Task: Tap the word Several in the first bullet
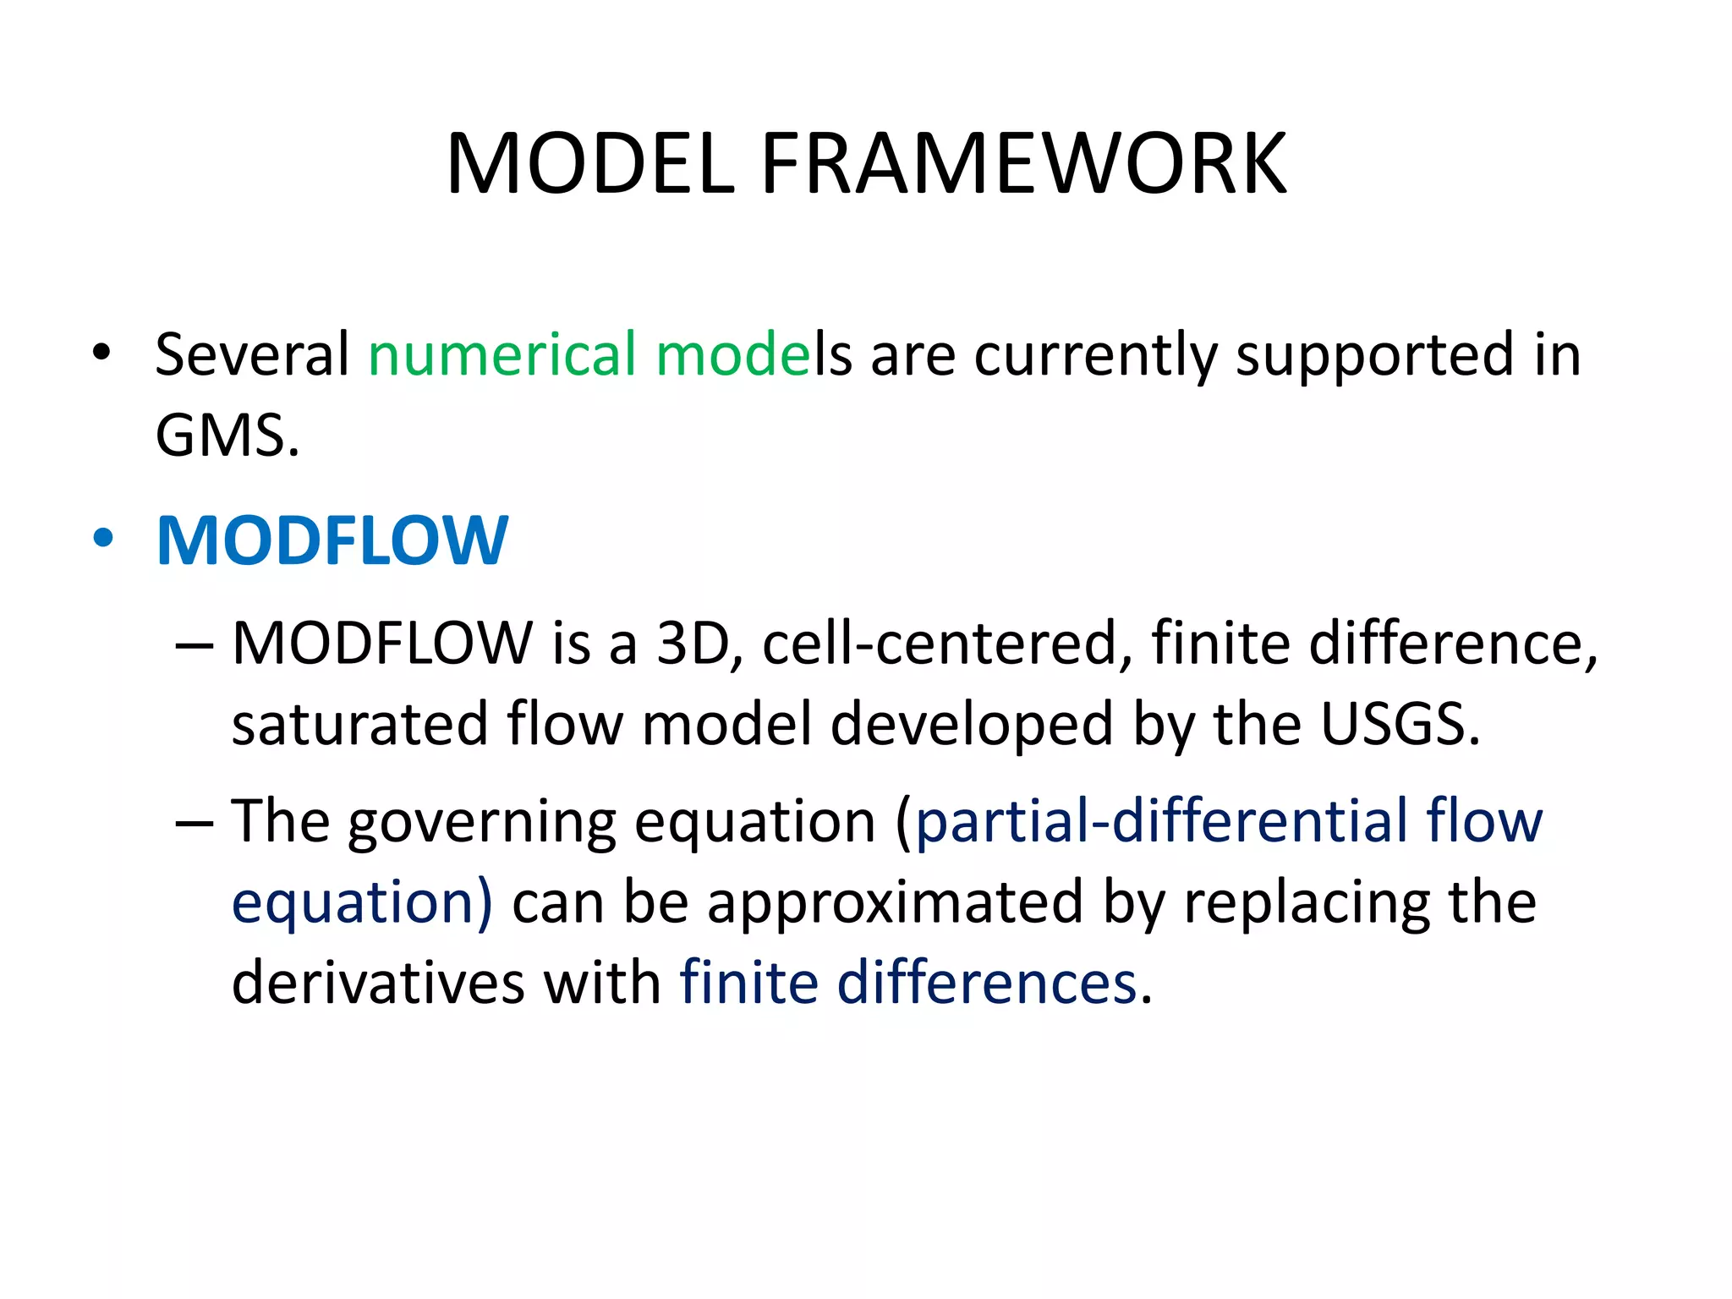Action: (x=252, y=354)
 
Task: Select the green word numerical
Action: (x=502, y=354)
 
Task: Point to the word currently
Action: (x=1095, y=356)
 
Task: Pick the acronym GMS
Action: (x=227, y=436)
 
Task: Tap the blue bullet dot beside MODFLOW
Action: (x=102, y=539)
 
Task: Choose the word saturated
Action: (x=360, y=725)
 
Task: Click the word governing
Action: (x=481, y=823)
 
